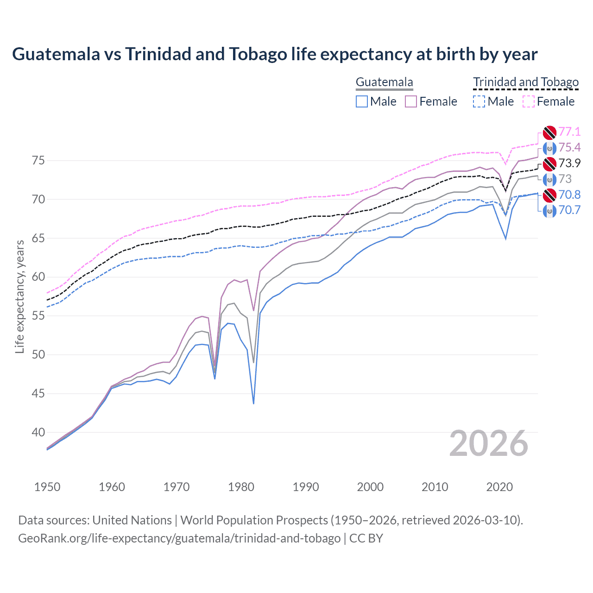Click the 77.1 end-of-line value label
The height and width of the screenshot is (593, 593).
tap(569, 132)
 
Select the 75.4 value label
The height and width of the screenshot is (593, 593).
tap(569, 147)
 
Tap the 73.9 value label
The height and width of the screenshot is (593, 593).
tap(569, 163)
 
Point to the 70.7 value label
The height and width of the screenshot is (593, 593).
tap(569, 210)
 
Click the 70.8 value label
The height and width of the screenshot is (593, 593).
tap(569, 195)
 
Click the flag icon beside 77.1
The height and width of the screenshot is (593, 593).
tap(549, 132)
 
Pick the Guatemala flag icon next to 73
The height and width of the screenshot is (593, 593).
tap(549, 179)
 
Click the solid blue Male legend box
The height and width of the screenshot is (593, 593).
tap(362, 101)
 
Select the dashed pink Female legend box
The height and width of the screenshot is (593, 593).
tap(529, 101)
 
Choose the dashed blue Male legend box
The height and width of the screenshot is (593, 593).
tap(479, 101)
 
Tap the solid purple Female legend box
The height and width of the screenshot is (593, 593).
tap(411, 101)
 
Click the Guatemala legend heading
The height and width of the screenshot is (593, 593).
tap(384, 82)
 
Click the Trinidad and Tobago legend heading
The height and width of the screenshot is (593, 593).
tap(526, 82)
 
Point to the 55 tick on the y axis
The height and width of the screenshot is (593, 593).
tap(38, 316)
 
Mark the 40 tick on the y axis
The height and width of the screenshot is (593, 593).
tap(38, 432)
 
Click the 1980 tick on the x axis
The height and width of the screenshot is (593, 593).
tap(241, 487)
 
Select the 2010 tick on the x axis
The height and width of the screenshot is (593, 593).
tap(435, 487)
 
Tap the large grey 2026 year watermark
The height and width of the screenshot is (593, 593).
tap(489, 444)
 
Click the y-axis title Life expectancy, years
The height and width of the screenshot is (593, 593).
tap(19, 296)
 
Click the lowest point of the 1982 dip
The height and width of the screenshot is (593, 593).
tap(253, 404)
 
